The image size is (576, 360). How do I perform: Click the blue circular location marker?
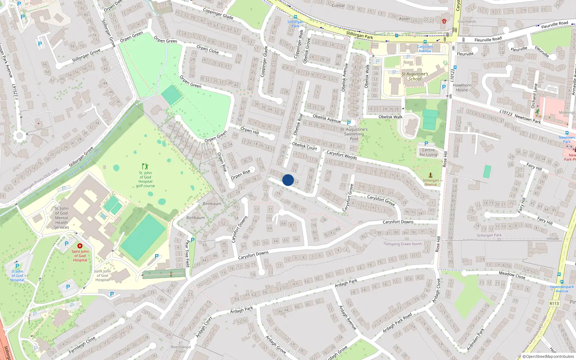pyautogui.click(x=288, y=180)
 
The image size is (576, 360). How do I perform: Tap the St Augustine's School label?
pyautogui.click(x=415, y=76)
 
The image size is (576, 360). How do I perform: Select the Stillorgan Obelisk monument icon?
pyautogui.click(x=430, y=175)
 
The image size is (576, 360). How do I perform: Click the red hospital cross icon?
pyautogui.click(x=80, y=246)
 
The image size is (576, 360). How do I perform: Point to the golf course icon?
pyautogui.click(x=145, y=166)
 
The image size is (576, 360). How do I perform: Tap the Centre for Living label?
pyautogui.click(x=428, y=152)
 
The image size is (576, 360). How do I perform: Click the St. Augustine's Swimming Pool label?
pyautogui.click(x=354, y=134)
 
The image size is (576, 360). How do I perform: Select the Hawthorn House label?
pyautogui.click(x=462, y=88)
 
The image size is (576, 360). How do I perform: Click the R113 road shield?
pyautogui.click(x=554, y=303)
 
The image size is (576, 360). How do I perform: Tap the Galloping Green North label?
pyautogui.click(x=402, y=244)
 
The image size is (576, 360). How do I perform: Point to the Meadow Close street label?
pyautogui.click(x=512, y=275)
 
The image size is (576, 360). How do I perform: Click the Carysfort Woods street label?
pyautogui.click(x=342, y=155)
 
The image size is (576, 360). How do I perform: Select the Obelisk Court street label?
pyautogui.click(x=305, y=146)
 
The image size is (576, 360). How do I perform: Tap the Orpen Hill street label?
pyautogui.click(x=249, y=130)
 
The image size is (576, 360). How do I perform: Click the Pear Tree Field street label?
pyautogui.click(x=187, y=254)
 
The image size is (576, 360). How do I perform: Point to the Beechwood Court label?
pyautogui.click(x=181, y=347)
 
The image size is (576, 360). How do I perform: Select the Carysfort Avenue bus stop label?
pyautogui.click(x=425, y=49)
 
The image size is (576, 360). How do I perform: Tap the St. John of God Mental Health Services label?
pyautogui.click(x=61, y=218)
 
